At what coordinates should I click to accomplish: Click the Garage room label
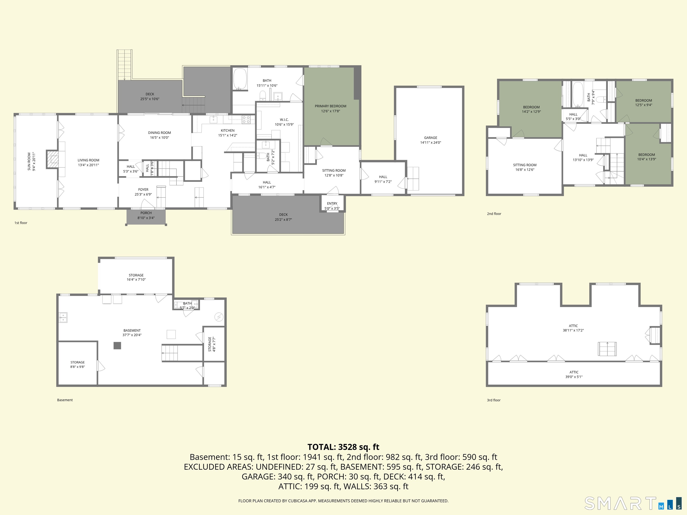pyautogui.click(x=430, y=137)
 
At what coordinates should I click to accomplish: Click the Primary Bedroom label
pyautogui.click(x=331, y=106)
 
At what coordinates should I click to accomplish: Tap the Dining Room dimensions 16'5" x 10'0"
pyautogui.click(x=159, y=137)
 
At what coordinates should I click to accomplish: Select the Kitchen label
pyautogui.click(x=228, y=130)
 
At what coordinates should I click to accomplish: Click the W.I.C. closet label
pyautogui.click(x=284, y=120)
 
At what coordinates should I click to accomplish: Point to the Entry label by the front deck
pyautogui.click(x=332, y=204)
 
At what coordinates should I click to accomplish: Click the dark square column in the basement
pyautogui.click(x=117, y=346)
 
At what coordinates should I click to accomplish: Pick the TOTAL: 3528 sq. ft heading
pyautogui.click(x=343, y=447)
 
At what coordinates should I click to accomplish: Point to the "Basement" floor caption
pyautogui.click(x=65, y=400)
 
